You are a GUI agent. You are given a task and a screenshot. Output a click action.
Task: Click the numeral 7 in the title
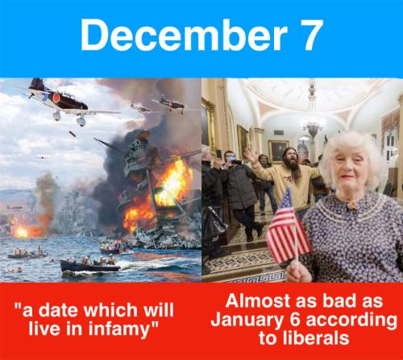point(309,35)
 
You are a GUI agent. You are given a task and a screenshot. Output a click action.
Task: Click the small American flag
point(288,227)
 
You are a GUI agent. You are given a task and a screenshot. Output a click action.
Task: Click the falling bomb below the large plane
point(72,134)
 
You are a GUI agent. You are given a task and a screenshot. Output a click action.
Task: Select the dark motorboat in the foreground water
point(89,266)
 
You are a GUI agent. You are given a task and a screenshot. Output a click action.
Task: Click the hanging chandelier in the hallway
point(312,129)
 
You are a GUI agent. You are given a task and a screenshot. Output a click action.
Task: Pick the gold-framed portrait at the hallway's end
point(277,151)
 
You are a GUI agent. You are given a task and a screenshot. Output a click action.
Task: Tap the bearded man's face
point(291,157)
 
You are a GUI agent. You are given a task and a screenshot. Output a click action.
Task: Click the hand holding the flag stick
point(298,271)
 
